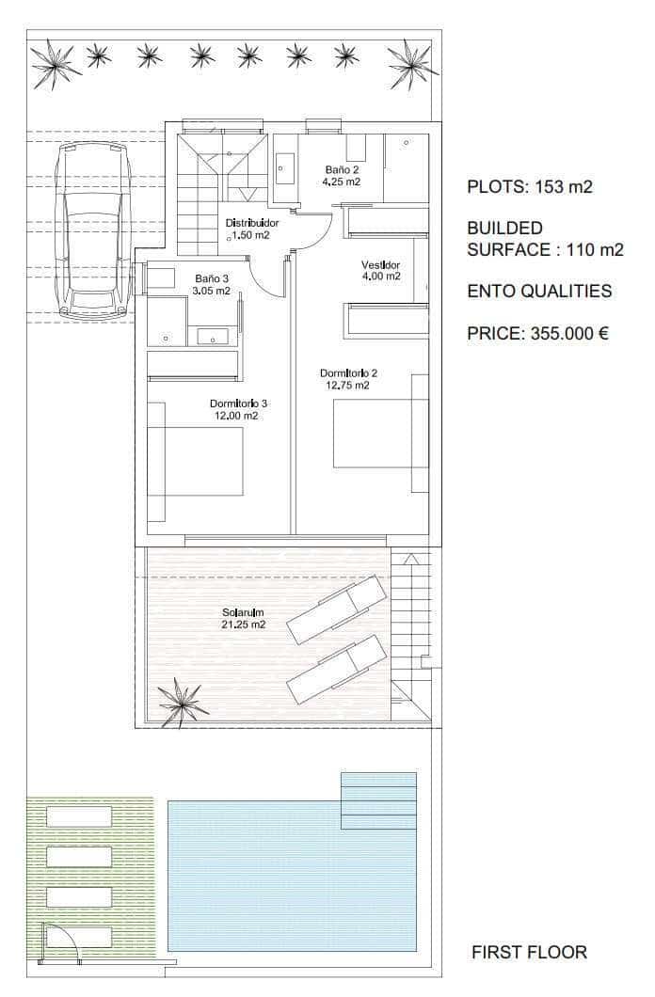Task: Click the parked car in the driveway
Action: pyautogui.click(x=93, y=230)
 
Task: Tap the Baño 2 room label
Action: pyautogui.click(x=342, y=176)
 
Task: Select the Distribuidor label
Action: pyautogui.click(x=252, y=229)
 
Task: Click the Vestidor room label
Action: pyautogui.click(x=381, y=270)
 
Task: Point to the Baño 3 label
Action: pyautogui.click(x=212, y=285)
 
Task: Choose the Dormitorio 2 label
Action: pyautogui.click(x=348, y=379)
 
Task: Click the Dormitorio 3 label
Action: pyautogui.click(x=238, y=409)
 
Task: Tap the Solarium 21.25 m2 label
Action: pyautogui.click(x=243, y=619)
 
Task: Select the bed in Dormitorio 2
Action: pyautogui.click(x=381, y=433)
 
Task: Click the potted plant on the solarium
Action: pyautogui.click(x=183, y=703)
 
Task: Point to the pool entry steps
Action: pyautogui.click(x=379, y=800)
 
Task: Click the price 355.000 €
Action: pyautogui.click(x=538, y=333)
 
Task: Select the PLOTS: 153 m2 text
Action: pyautogui.click(x=530, y=186)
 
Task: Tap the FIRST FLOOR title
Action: pyautogui.click(x=529, y=952)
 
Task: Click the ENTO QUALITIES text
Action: pyautogui.click(x=539, y=291)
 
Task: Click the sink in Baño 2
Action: pyautogui.click(x=283, y=168)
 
